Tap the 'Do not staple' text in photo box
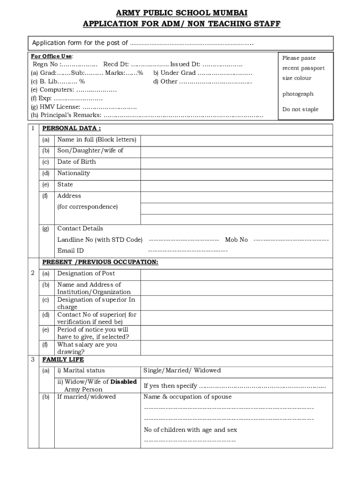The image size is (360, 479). coord(300,109)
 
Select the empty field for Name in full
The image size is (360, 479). coord(236,140)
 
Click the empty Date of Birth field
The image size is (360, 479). coord(236,162)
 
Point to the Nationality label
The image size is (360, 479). coord(73,173)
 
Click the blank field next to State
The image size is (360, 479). coord(236,185)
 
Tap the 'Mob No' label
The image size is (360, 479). coord(237,240)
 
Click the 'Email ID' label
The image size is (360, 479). coord(71,251)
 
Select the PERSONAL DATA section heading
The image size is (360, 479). coord(72,128)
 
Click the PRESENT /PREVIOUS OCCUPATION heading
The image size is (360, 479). coord(100,262)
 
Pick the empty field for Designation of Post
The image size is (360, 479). coord(236,274)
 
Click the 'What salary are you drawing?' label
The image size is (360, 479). coord(87,348)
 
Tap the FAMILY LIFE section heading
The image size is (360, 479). coord(63,360)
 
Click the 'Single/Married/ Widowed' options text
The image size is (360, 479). coord(182,370)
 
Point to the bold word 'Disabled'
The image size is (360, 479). coord(123,382)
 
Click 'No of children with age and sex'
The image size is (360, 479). coord(190,430)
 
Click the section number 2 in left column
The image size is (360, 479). coord(33,273)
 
